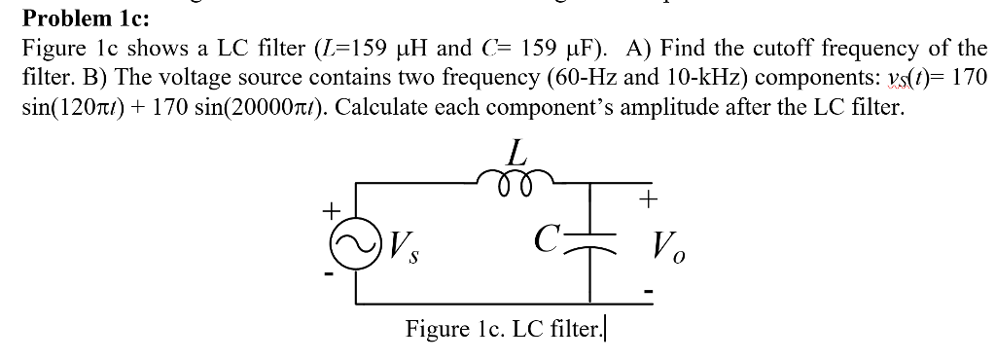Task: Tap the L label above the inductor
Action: coord(517,151)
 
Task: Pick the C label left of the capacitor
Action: coord(548,237)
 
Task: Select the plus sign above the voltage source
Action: coord(331,208)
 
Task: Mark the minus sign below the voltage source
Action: coord(330,276)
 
